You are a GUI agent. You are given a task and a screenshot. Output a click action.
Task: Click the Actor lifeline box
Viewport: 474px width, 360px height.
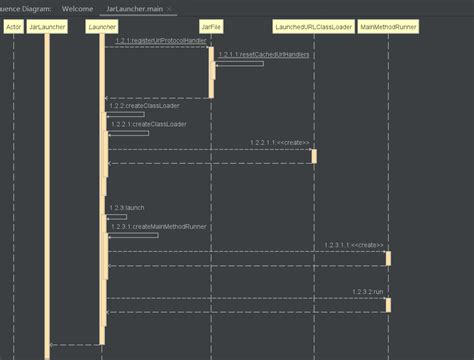pos(14,24)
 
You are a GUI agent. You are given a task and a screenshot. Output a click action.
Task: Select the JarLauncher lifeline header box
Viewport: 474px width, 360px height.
pos(47,24)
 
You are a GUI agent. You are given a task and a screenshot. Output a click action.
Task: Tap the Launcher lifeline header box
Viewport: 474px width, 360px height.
pos(101,24)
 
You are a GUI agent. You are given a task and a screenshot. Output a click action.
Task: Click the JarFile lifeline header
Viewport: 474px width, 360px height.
pos(212,24)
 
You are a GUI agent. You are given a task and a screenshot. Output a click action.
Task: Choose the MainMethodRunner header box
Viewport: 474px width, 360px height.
pos(388,24)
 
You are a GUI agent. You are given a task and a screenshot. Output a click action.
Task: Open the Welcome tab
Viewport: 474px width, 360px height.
pos(78,7)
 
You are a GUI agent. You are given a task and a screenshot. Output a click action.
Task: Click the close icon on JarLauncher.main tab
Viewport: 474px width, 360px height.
pos(171,7)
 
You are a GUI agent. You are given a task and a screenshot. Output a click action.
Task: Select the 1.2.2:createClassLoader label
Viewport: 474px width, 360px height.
pos(138,106)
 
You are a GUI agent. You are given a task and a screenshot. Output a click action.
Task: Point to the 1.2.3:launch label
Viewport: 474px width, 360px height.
pos(127,208)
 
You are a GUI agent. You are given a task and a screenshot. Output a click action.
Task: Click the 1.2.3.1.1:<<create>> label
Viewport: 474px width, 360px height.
pos(353,245)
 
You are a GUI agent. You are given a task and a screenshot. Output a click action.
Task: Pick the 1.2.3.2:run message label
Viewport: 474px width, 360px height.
pos(367,291)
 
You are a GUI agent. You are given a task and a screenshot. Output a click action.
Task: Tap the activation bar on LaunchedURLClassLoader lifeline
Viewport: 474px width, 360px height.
pos(313,156)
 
